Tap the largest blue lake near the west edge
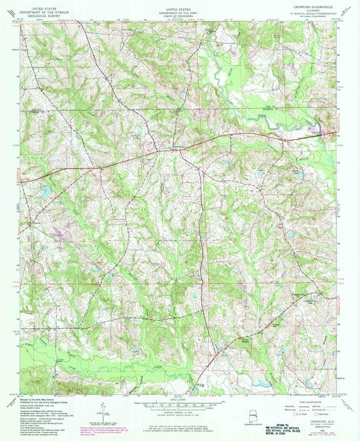(x=45, y=191)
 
